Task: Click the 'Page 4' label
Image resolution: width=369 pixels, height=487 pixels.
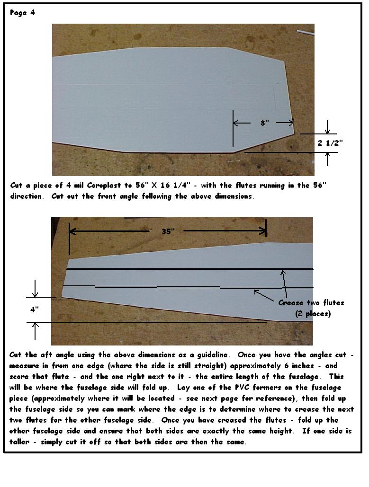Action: [x=22, y=13]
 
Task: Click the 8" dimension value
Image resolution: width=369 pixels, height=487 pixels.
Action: [x=264, y=123]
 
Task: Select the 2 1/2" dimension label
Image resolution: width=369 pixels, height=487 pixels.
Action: [x=330, y=142]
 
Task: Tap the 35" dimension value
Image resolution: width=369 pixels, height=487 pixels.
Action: [x=167, y=231]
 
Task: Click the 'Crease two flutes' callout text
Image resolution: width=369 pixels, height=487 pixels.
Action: [x=311, y=302]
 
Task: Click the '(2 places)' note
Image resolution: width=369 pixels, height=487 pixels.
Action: [x=313, y=313]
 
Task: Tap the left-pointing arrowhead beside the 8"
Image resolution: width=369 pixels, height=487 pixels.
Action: [x=237, y=123]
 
